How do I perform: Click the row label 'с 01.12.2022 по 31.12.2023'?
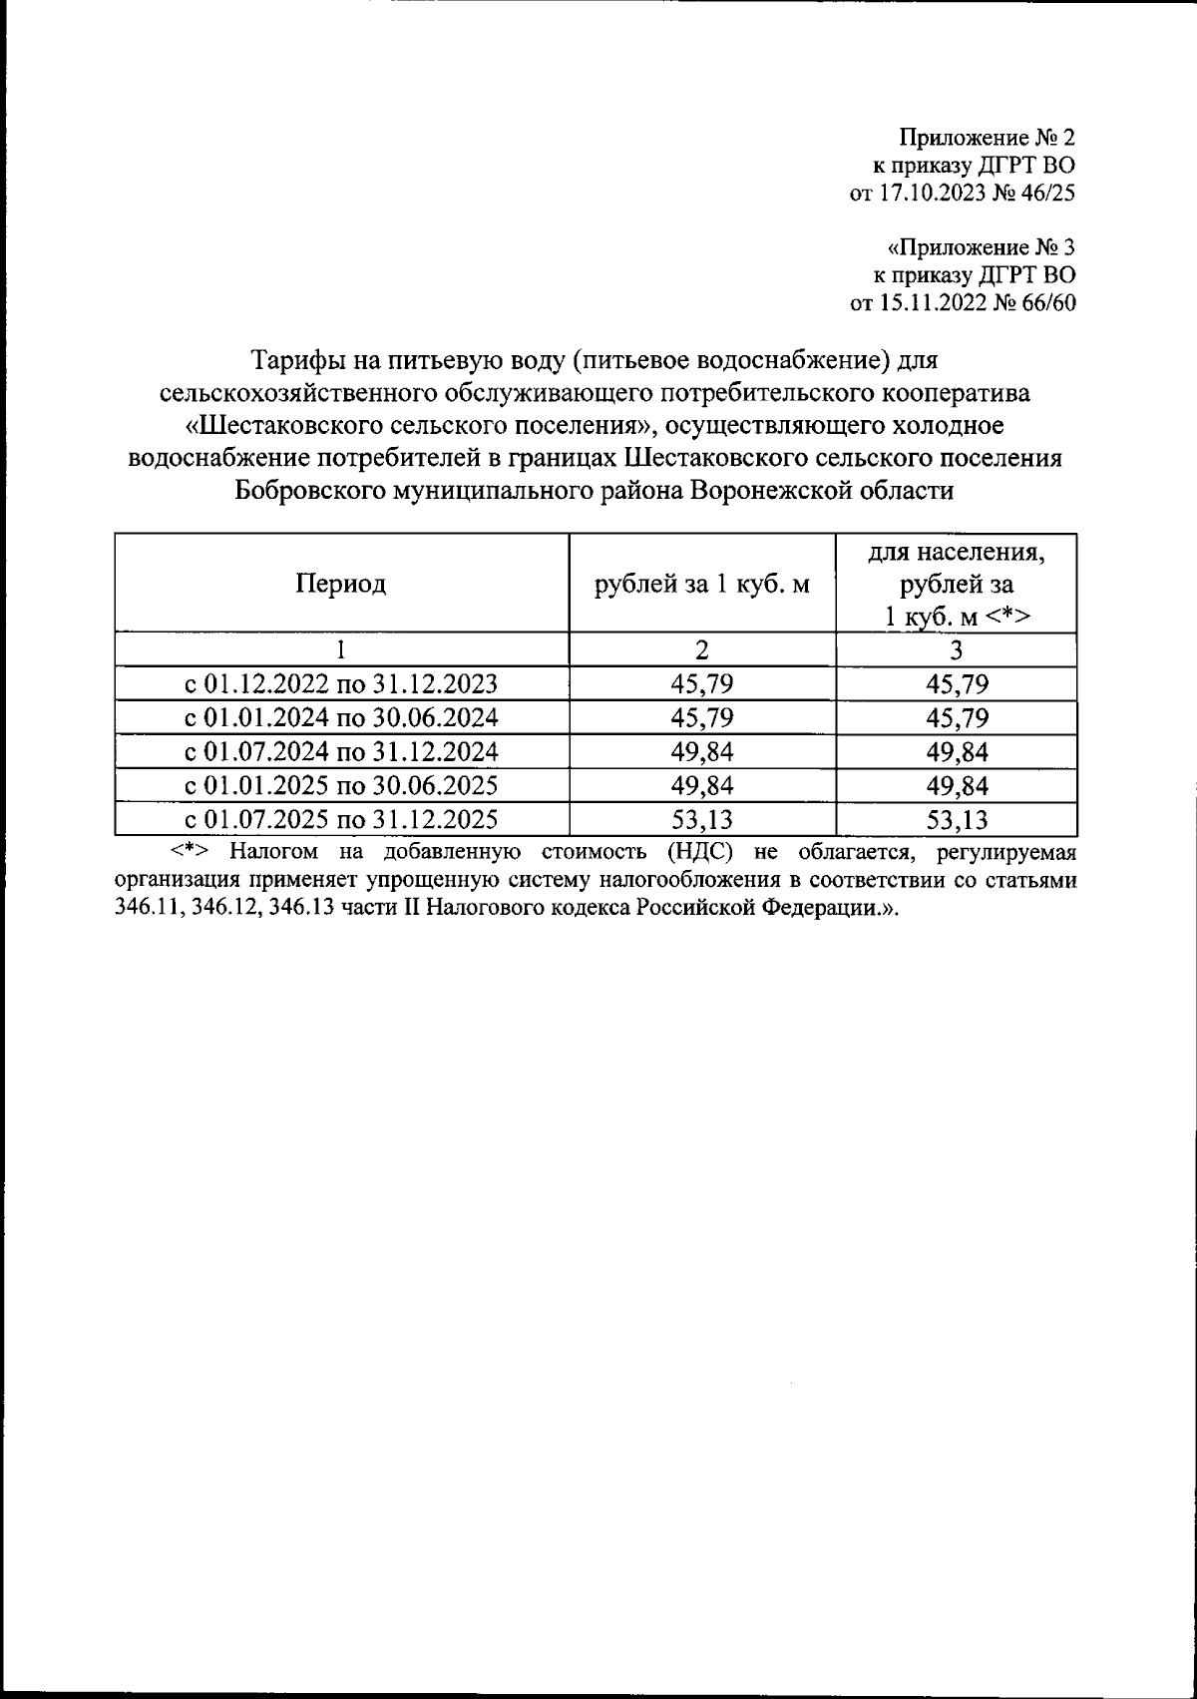click(x=340, y=684)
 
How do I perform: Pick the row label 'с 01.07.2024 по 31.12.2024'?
click(x=340, y=752)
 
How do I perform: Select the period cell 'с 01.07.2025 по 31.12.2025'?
click(x=340, y=820)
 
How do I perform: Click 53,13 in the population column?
click(x=956, y=820)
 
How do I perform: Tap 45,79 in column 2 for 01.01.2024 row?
click(x=701, y=718)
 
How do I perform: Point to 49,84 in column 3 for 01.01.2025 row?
click(x=956, y=786)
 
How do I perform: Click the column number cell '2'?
click(x=701, y=650)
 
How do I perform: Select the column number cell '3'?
click(x=956, y=650)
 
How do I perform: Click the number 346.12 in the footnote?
click(x=227, y=910)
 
